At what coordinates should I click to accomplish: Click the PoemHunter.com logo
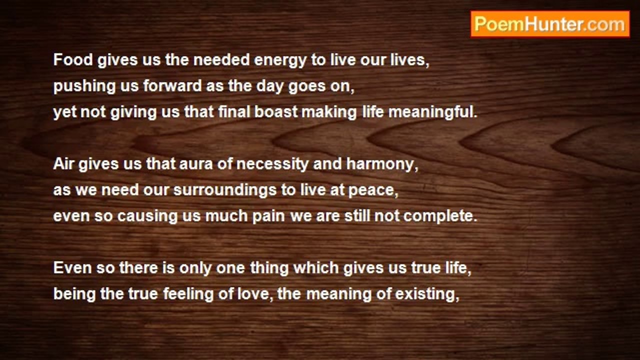click(x=550, y=24)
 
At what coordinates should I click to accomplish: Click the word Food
click(x=73, y=60)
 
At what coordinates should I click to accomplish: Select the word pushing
click(x=84, y=87)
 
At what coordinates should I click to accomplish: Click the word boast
click(x=276, y=111)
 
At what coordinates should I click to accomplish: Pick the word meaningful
click(x=433, y=112)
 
